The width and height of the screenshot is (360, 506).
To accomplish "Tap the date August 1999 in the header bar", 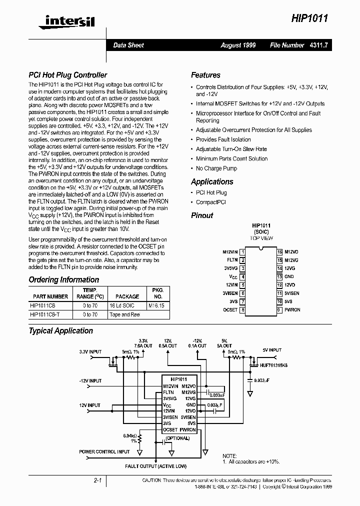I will click(x=238, y=45).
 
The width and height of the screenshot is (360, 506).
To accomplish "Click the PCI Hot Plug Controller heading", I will click(x=67, y=75).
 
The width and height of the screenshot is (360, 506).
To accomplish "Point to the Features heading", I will click(x=205, y=75).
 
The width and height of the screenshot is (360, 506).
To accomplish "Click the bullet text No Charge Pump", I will click(x=216, y=168).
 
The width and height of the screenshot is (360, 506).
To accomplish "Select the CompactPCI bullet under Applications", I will click(x=210, y=202).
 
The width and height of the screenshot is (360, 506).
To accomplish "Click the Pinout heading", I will click(x=202, y=215).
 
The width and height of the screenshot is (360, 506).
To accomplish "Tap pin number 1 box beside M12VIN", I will click(x=242, y=252).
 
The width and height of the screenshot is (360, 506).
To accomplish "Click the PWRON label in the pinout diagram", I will click(x=292, y=310).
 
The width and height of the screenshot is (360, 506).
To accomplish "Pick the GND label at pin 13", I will click(x=289, y=276).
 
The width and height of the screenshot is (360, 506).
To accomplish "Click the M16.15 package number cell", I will click(x=156, y=305).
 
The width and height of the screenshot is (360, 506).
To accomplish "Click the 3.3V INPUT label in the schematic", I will click(x=90, y=351).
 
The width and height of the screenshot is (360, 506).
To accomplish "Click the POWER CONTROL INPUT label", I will click(x=104, y=452).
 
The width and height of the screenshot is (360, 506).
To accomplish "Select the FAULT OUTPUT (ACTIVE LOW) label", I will click(x=155, y=466).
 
